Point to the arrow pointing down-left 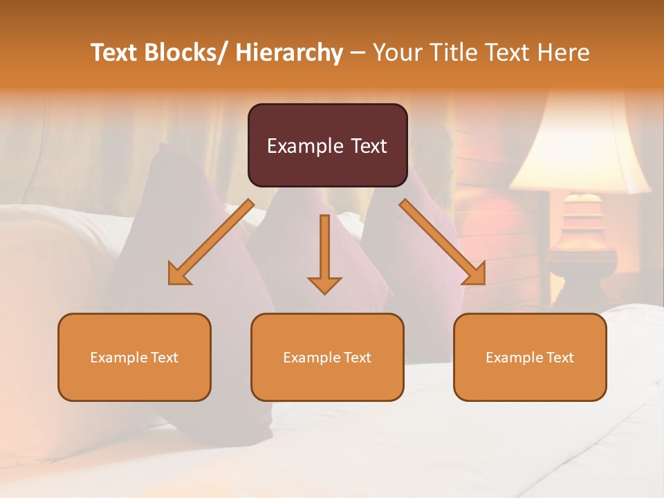click(211, 242)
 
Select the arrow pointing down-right click(443, 242)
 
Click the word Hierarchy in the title click(289, 53)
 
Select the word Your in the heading click(396, 53)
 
